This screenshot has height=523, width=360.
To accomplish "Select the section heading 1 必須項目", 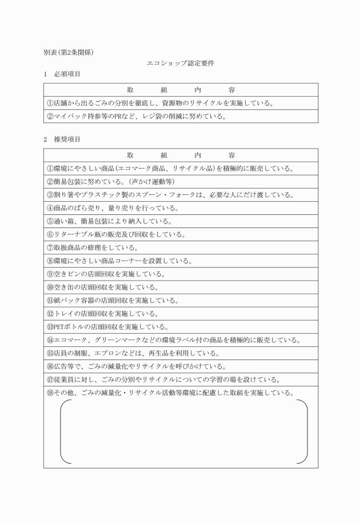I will [62, 74].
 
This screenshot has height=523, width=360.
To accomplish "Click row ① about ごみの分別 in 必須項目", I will [159, 103].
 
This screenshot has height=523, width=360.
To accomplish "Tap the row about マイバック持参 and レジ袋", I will [137, 117].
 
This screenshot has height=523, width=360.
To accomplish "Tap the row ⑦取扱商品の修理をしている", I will [92, 247].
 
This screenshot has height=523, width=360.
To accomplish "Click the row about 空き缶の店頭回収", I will [102, 287].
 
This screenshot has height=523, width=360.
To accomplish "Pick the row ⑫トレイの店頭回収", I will [102, 313].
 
